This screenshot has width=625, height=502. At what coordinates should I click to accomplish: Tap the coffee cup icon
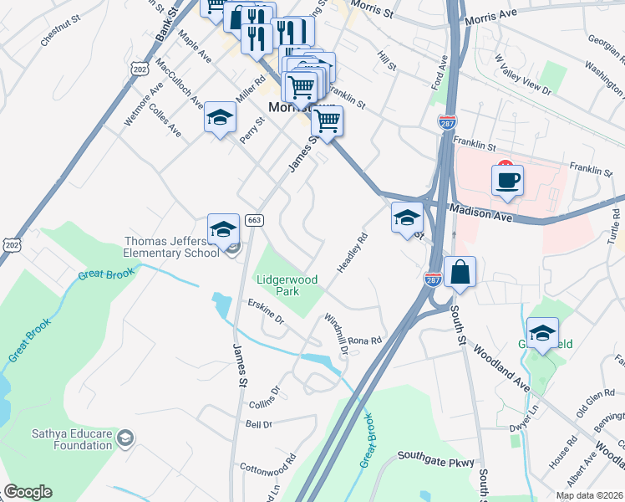pos(507,180)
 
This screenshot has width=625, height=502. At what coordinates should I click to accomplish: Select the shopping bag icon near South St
pos(460,272)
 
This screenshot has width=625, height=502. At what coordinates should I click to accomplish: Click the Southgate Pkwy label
pos(436,458)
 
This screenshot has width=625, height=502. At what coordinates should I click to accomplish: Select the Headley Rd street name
pos(352,252)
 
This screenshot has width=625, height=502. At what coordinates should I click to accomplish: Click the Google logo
pos(28,492)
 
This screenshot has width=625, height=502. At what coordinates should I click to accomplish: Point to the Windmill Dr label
pos(336,333)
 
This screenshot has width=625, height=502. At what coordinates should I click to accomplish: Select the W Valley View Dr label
pos(522,74)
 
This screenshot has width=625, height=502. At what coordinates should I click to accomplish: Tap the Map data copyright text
pos(589,495)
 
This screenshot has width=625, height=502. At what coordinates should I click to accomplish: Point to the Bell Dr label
pos(259,424)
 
